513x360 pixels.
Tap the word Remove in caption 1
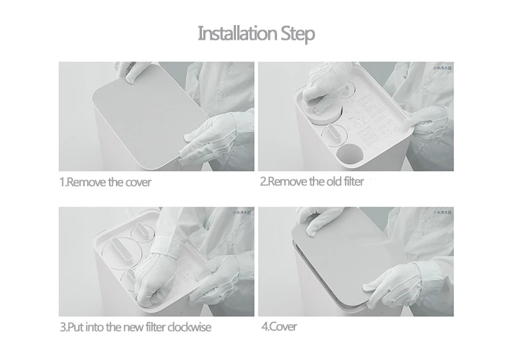87,182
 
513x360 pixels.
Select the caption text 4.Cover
279,327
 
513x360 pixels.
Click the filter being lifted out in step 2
321,103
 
